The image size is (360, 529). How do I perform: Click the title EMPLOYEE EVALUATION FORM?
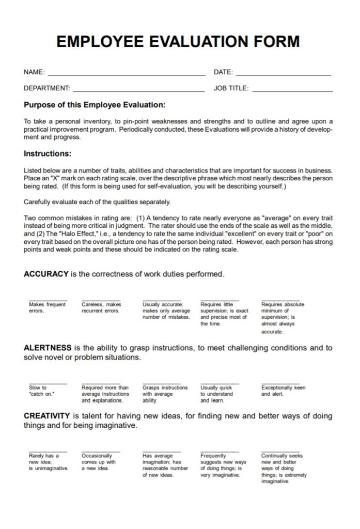point(178,42)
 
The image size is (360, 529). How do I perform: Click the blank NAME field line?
point(126,75)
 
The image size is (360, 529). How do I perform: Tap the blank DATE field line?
point(283,75)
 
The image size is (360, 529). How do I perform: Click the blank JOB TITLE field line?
point(292,91)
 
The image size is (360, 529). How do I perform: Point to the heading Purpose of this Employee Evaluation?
point(95,105)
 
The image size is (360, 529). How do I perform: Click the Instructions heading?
point(48,153)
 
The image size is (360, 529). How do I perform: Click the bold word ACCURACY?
point(46,274)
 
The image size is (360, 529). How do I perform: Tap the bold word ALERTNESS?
point(48,348)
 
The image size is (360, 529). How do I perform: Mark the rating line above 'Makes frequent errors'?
point(48,300)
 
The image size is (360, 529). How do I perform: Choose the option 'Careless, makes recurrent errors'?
point(101,308)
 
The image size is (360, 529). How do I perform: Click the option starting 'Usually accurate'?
point(166,311)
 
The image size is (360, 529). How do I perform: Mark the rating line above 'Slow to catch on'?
point(48,383)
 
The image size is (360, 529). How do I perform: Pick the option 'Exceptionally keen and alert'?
point(283,391)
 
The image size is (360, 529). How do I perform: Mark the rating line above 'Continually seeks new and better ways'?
point(280,451)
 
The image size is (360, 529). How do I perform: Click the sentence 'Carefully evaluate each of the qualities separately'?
point(97,201)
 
